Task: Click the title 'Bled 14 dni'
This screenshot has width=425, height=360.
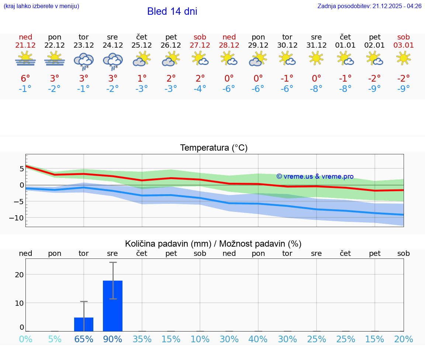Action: tap(172, 11)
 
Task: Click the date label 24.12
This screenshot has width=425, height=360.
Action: tap(113, 45)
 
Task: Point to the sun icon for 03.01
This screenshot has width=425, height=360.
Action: tap(404, 58)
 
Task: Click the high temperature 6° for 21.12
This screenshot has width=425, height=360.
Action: tap(25, 79)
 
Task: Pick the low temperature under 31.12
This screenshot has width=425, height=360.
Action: tap(316, 89)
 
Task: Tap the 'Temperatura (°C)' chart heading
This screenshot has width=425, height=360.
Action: tap(214, 148)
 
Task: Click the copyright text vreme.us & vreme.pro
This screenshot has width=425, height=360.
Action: tap(315, 176)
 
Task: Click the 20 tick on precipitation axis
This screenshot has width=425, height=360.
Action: tap(19, 274)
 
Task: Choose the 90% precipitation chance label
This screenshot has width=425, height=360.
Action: tap(113, 339)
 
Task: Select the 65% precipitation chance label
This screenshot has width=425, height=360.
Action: tap(84, 339)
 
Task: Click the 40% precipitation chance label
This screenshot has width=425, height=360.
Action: tap(258, 339)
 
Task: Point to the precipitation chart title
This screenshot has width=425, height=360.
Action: tap(213, 244)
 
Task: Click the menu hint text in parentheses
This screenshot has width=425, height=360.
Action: tap(41, 6)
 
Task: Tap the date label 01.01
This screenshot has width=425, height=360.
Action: tap(345, 45)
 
